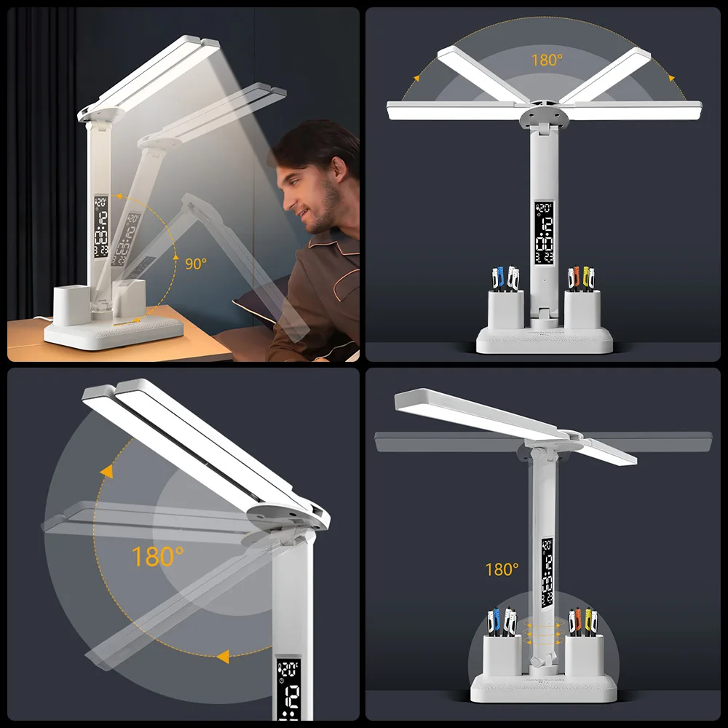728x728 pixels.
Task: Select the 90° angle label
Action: [195, 264]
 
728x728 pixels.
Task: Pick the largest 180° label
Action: [157, 557]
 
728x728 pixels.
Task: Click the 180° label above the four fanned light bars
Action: [547, 60]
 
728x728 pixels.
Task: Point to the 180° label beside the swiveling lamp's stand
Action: [502, 569]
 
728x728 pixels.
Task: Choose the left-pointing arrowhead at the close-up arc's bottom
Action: [221, 657]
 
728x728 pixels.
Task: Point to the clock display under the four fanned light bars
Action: [544, 232]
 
